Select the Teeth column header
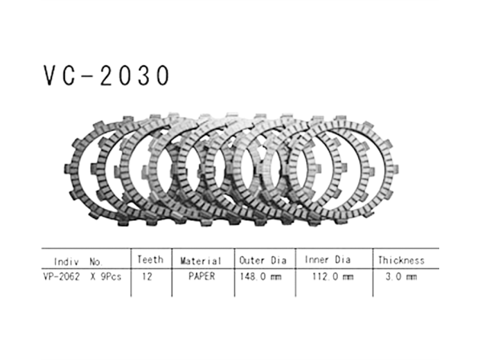pos(150,260)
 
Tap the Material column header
pos(201,261)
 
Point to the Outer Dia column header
pos(263,261)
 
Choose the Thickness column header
pos(400,261)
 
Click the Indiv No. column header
pos(78,262)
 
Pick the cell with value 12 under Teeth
pos(146,276)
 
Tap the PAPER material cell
pos(201,276)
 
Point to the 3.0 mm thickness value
pos(401,276)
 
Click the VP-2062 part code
pos(62,276)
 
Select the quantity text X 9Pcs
pos(104,276)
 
